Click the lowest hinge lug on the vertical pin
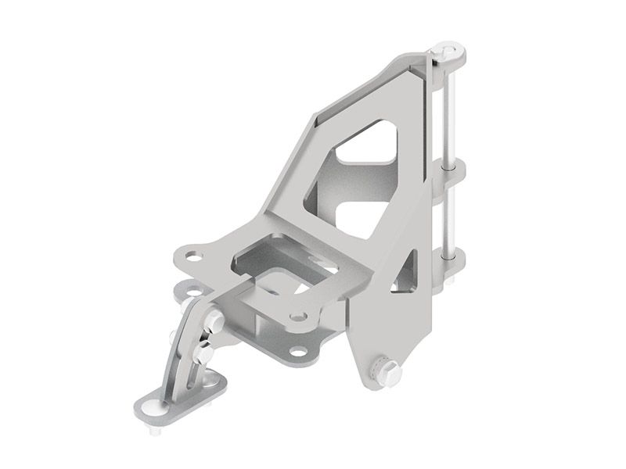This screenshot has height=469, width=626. pyautogui.click(x=452, y=259)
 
